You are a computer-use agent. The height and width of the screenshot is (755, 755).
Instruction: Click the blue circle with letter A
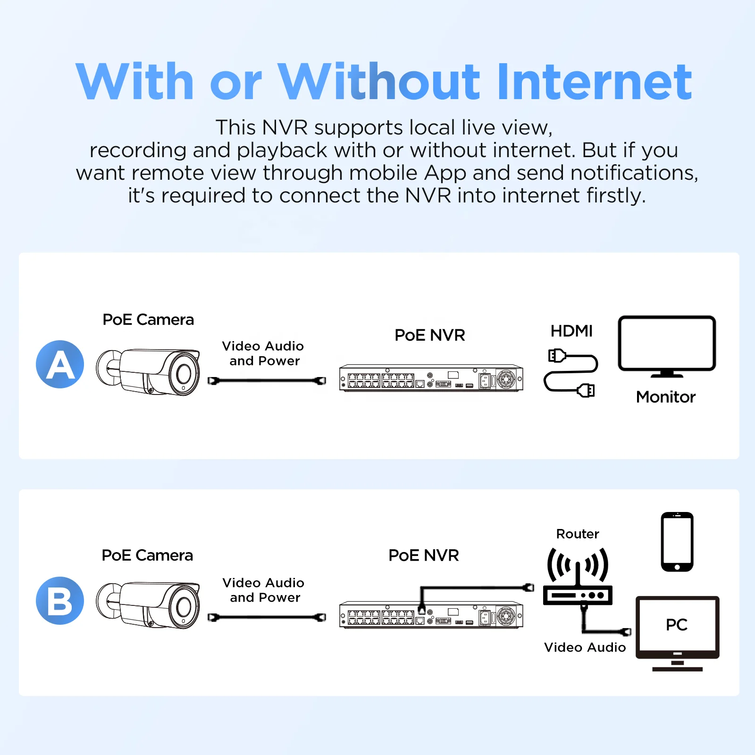[x=60, y=364]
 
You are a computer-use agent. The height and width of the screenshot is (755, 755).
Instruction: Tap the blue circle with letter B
[x=60, y=601]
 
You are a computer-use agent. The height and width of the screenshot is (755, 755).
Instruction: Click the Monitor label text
[x=666, y=397]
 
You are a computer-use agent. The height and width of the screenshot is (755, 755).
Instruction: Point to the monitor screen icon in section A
[x=667, y=346]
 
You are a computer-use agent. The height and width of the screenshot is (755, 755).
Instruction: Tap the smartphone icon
[x=677, y=542]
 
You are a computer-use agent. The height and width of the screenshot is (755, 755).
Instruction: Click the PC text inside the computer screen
[x=677, y=625]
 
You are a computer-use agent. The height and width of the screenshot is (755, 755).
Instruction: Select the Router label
[x=578, y=534]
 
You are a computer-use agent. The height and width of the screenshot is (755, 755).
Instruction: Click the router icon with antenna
[x=578, y=577]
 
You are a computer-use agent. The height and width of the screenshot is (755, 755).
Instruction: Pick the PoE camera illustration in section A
[x=148, y=372]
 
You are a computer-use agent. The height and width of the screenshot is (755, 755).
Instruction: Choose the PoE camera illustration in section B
[x=148, y=605]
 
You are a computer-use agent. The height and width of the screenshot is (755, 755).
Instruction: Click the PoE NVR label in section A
[x=430, y=335]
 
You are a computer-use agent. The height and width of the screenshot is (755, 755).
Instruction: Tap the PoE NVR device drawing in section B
[x=431, y=614]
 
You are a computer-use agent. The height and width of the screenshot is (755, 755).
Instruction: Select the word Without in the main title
[x=379, y=82]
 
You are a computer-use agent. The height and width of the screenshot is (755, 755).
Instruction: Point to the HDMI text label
[x=571, y=331]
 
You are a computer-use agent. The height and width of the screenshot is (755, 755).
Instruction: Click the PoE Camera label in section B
[x=147, y=555]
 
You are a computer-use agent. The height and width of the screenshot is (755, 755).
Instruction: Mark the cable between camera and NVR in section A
[x=267, y=380]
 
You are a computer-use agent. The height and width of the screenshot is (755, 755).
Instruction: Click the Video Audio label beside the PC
[x=585, y=647]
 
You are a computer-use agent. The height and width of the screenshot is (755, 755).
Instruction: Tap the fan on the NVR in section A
[x=506, y=379]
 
